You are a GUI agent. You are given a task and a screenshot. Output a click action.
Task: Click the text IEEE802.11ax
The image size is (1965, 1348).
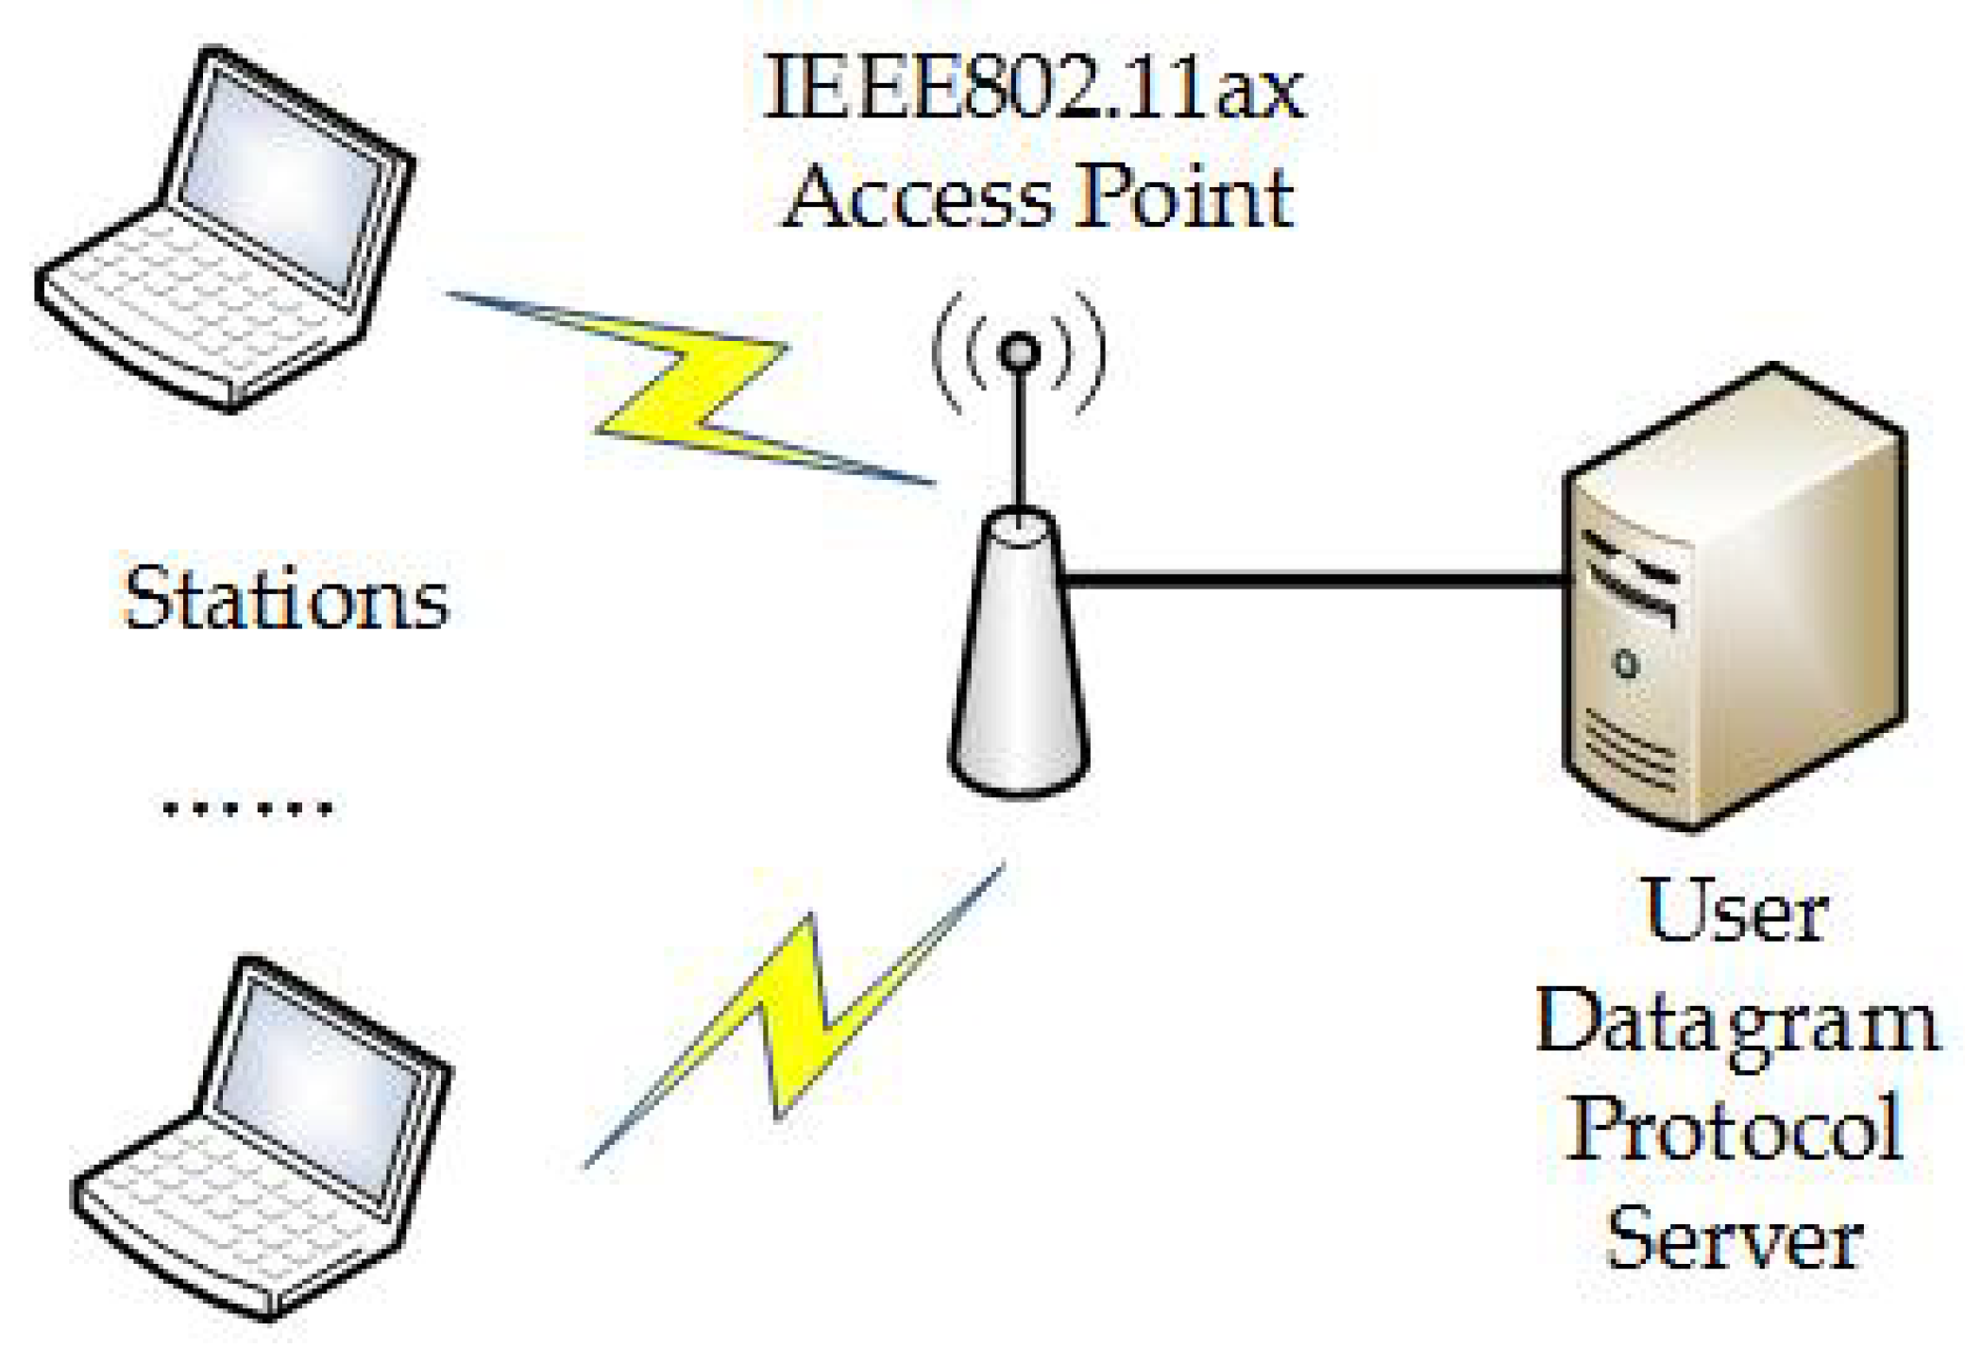point(1033,90)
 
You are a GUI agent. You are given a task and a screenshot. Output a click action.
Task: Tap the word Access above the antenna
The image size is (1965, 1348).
point(917,198)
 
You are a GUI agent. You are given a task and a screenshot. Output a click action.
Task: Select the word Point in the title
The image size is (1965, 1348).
point(1185,198)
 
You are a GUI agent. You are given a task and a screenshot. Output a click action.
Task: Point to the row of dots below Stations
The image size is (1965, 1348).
point(247,809)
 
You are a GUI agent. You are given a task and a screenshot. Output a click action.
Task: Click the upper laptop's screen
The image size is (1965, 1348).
point(279,179)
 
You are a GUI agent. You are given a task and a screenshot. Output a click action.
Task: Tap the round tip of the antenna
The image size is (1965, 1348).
point(1019,352)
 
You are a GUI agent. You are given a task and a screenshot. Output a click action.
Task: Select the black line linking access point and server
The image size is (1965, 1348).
point(1313,578)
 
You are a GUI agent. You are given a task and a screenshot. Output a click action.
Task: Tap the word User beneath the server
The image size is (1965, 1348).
point(1736,912)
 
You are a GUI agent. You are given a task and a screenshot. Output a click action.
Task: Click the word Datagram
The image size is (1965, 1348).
point(1736,1025)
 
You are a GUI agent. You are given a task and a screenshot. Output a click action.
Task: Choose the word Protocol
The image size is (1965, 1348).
point(1736,1129)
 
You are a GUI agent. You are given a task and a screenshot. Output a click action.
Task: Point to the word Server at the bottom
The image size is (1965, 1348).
point(1736,1237)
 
